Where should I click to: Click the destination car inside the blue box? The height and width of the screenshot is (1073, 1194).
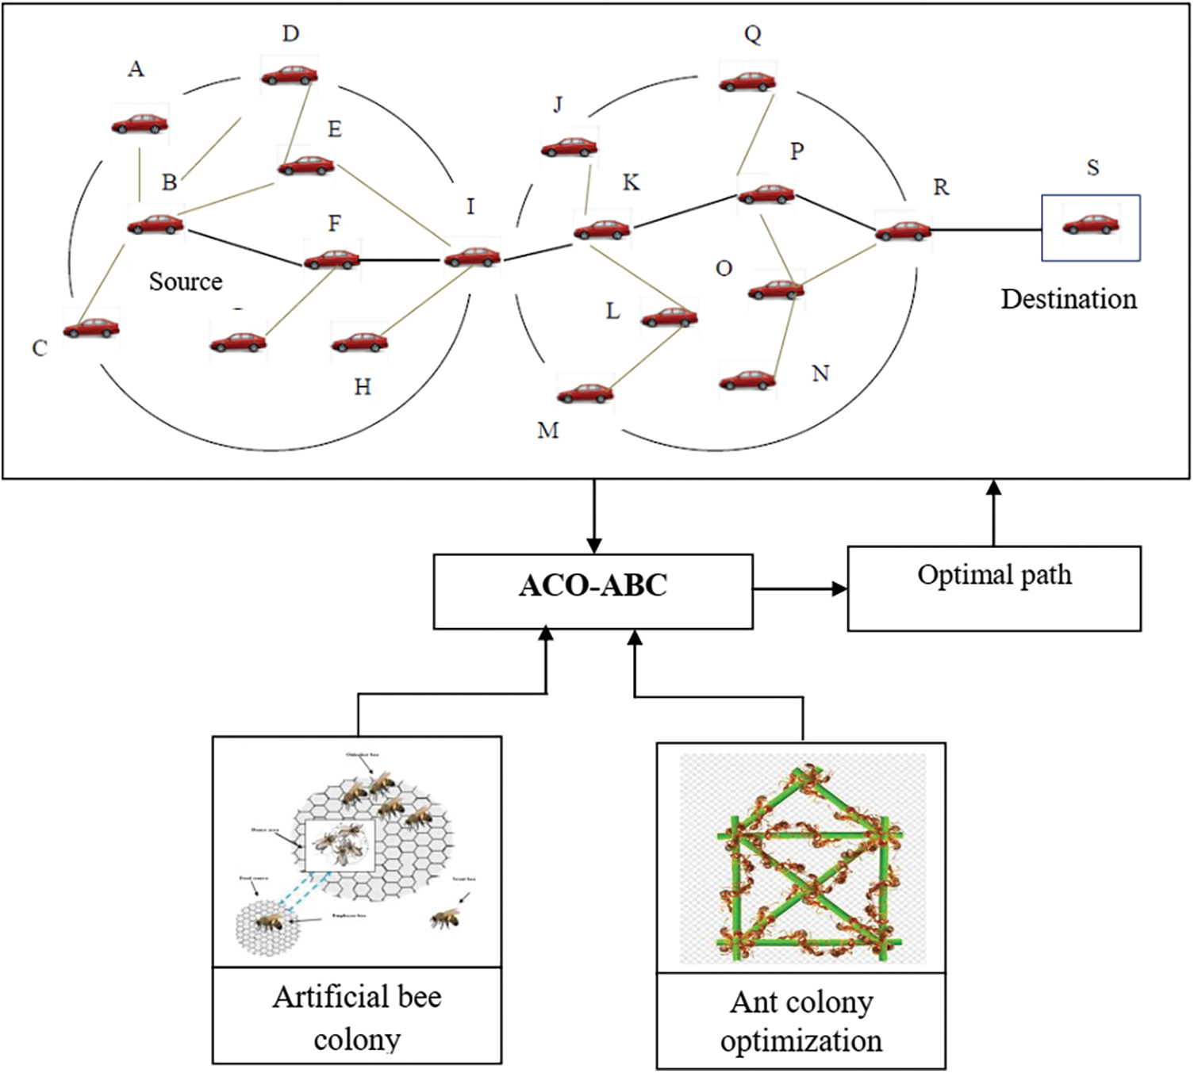[1091, 225]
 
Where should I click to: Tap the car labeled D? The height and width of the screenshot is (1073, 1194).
[290, 75]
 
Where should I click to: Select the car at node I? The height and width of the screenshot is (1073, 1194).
[472, 257]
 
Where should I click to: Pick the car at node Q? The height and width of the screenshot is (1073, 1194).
[747, 81]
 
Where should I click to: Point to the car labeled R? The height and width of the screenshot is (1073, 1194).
[903, 231]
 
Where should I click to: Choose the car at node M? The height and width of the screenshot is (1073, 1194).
[585, 393]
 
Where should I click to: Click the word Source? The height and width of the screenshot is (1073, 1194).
[186, 282]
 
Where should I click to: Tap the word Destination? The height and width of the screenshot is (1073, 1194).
[1068, 299]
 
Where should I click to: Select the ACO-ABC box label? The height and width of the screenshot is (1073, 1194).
[593, 586]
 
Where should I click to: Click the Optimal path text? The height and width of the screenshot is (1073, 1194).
[994, 575]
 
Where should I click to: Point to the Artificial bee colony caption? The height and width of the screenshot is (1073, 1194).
[357, 1017]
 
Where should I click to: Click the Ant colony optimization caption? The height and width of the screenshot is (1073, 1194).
[801, 1021]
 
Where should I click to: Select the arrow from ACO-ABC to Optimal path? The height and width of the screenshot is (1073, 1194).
[800, 589]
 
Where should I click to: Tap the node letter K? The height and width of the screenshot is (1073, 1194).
[631, 183]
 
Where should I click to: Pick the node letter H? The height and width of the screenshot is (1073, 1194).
[363, 387]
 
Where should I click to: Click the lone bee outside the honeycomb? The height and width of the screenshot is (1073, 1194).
[445, 918]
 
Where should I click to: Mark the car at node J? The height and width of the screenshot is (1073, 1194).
[569, 147]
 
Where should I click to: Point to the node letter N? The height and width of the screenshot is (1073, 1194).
[820, 374]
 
